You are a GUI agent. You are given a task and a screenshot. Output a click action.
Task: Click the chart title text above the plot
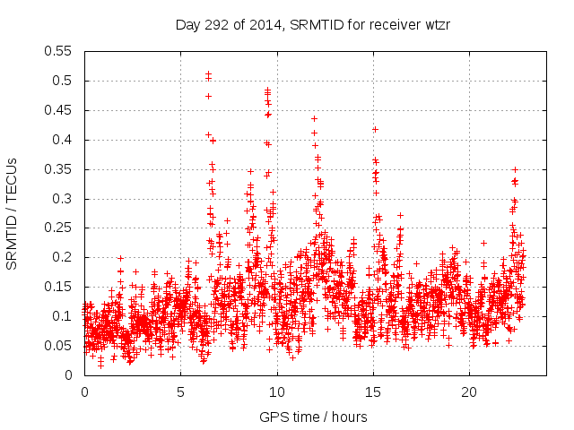(312, 24)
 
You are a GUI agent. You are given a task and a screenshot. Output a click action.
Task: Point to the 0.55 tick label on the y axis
(59, 51)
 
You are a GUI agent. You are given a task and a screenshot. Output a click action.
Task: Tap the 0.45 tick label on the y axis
(59, 110)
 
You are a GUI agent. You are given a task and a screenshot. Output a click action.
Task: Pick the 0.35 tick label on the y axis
(59, 169)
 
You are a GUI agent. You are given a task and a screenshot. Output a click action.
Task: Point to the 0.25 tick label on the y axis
(59, 228)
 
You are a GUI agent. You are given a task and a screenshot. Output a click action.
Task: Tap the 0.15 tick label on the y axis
(59, 287)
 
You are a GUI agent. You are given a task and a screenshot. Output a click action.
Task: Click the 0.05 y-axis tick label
(59, 346)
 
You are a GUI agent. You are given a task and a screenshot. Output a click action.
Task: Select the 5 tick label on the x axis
(180, 392)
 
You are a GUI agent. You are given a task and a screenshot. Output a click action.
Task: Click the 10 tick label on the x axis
(276, 392)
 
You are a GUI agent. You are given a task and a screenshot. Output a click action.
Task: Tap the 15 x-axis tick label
(372, 392)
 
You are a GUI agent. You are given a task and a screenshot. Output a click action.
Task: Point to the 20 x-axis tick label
(468, 392)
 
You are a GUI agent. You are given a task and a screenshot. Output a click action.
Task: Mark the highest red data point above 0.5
(208, 73)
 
